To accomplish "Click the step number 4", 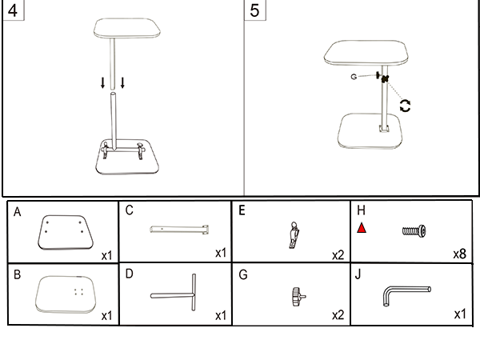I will (x=12, y=11).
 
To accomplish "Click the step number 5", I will (x=254, y=11).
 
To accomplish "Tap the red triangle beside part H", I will (x=362, y=229).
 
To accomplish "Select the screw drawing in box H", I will (x=414, y=231).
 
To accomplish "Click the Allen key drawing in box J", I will (x=404, y=294).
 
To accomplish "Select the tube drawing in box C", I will (x=180, y=230).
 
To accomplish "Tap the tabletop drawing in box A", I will (x=65, y=233).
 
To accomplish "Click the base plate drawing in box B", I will (x=68, y=294).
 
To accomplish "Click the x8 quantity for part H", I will (x=459, y=254).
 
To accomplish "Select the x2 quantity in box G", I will (x=338, y=315).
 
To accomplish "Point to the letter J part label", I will (x=358, y=274).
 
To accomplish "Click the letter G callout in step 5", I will (x=353, y=78).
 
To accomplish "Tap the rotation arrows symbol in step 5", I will (x=406, y=105).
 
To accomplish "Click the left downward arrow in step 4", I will (x=102, y=82).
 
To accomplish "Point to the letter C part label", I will (x=129, y=211).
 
